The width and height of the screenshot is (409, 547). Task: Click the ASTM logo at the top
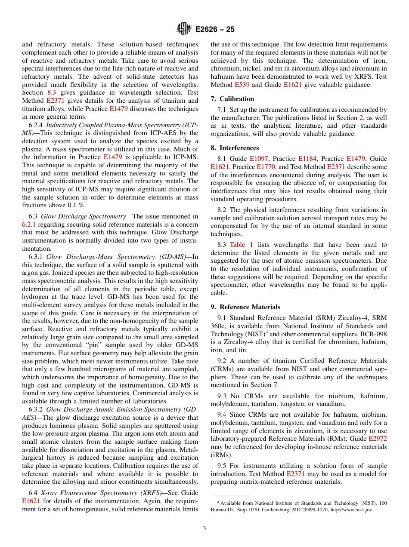184,29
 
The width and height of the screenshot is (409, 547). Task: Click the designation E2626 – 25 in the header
215,30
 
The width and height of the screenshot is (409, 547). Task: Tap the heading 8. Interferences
235,148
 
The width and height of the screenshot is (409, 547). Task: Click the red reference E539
242,85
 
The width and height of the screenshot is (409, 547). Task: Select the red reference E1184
307,159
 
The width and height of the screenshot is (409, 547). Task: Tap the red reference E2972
378,439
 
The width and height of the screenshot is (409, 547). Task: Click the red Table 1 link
241,245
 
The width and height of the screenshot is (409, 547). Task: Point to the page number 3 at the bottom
204,529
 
